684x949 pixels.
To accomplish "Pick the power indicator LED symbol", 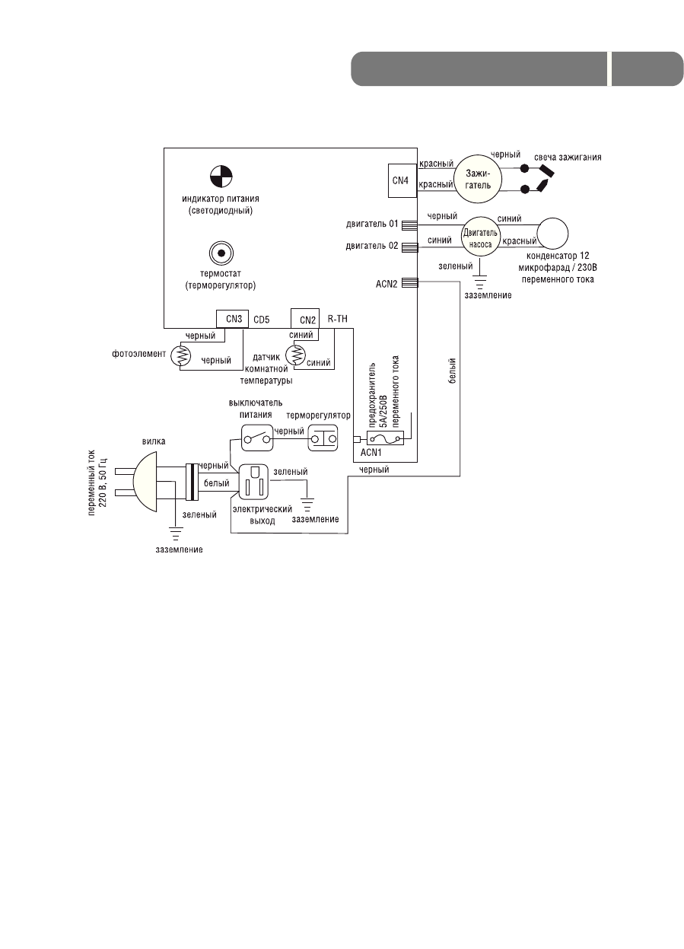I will coord(221,177).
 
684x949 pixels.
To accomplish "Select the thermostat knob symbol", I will coord(221,253).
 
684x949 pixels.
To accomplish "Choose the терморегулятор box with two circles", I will coord(323,439).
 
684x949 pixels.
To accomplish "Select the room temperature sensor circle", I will coord(298,353).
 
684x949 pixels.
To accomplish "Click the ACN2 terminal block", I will coord(409,282).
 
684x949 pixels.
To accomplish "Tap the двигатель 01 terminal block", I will coord(409,225).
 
